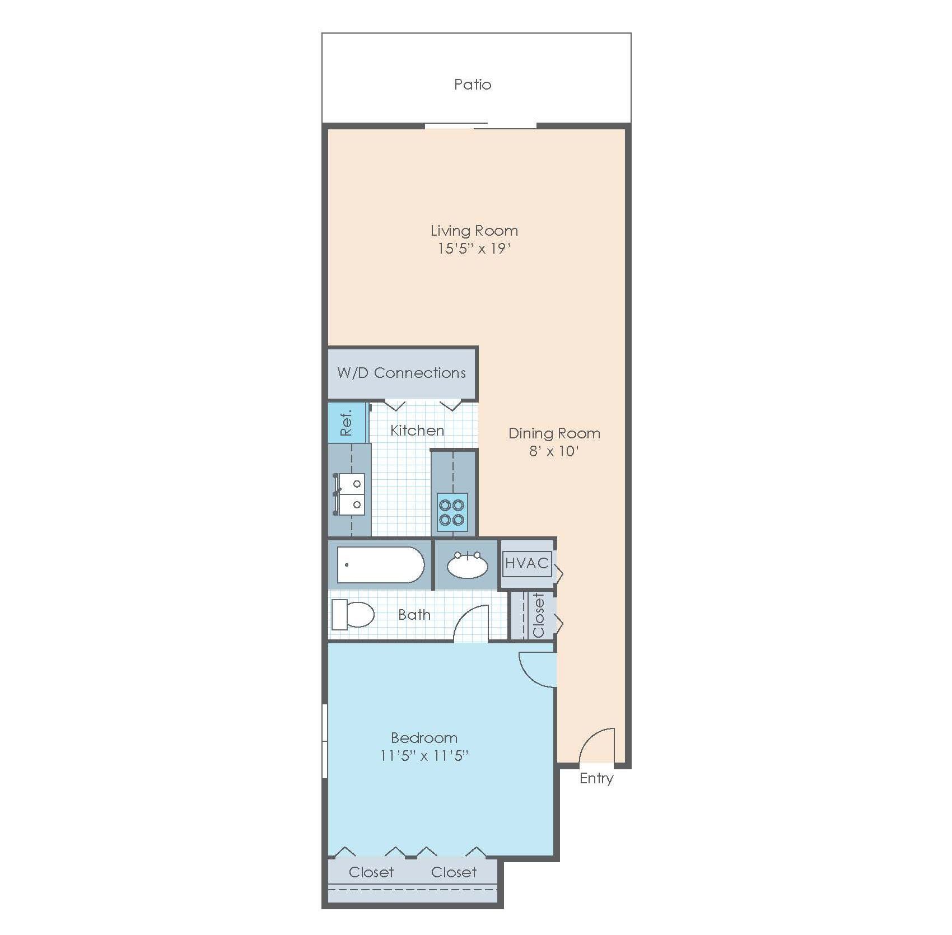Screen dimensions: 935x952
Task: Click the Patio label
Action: click(x=472, y=85)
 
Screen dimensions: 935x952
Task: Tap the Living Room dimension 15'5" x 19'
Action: click(x=473, y=249)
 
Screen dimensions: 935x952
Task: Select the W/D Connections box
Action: click(x=402, y=373)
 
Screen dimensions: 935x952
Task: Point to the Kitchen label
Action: click(x=417, y=431)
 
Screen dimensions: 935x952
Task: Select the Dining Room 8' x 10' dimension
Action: click(x=553, y=451)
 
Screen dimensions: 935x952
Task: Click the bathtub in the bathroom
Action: click(x=380, y=565)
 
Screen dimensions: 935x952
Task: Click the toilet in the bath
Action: click(x=353, y=614)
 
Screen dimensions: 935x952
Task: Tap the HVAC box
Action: click(x=526, y=563)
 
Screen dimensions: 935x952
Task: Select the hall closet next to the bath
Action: click(x=538, y=615)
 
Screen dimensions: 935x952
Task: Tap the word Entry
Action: click(x=596, y=778)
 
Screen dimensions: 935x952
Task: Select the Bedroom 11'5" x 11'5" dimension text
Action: click(x=424, y=756)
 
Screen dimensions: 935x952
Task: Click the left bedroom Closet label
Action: click(x=371, y=872)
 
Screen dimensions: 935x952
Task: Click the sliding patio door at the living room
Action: click(x=480, y=126)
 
